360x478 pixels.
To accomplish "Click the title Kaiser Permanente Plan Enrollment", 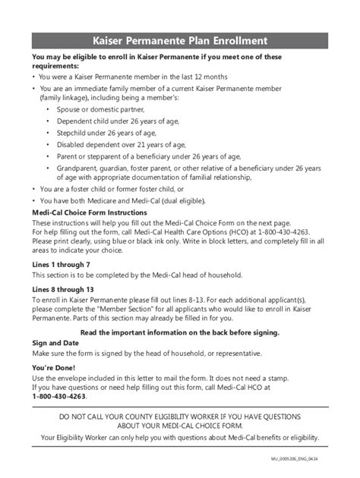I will coord(180,39).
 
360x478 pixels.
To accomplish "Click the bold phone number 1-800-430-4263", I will coord(59,396).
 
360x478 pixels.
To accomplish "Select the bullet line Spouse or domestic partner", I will coord(103,109).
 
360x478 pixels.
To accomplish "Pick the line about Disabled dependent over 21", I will coord(117,143).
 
